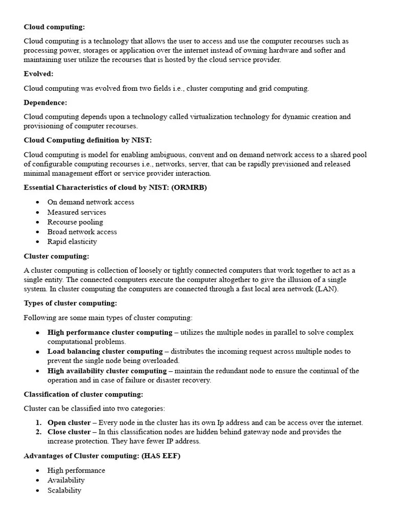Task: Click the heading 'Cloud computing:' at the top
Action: (x=54, y=27)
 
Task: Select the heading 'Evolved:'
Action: (x=38, y=74)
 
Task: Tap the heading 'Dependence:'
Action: (x=45, y=103)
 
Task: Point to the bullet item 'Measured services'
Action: (x=77, y=212)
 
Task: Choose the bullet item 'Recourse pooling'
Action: (x=75, y=222)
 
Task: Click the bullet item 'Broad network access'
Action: (x=82, y=232)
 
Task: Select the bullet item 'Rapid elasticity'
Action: (x=72, y=241)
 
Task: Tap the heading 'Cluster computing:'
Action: (x=56, y=256)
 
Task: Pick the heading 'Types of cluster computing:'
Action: (x=70, y=303)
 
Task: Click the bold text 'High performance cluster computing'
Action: (x=110, y=332)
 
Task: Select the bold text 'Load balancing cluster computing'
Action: (x=105, y=351)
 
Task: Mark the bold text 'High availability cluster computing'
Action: (x=107, y=371)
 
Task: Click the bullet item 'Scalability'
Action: (x=64, y=490)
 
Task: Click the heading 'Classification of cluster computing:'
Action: (x=83, y=394)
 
